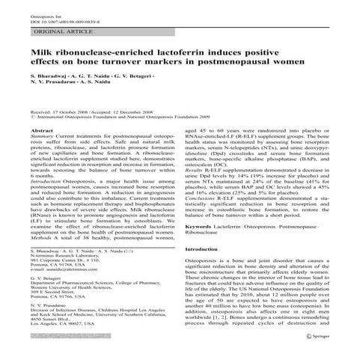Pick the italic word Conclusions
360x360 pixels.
[201, 218]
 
